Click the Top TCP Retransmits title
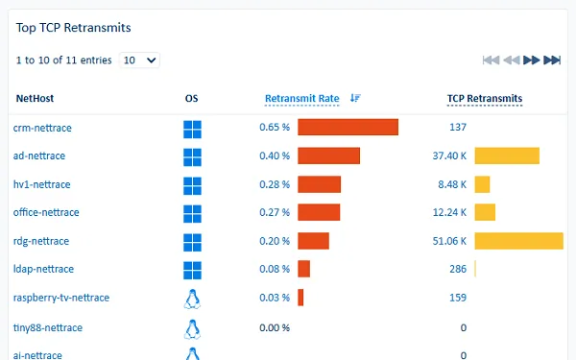tap(74, 28)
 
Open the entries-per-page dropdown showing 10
tap(140, 60)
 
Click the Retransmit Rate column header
tap(301, 98)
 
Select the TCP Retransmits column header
tap(485, 98)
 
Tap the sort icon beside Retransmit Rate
tap(355, 98)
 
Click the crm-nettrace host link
tap(42, 128)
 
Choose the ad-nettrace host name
tap(39, 156)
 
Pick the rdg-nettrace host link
tap(41, 241)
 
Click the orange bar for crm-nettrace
tap(348, 128)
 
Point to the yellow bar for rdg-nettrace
tap(518, 241)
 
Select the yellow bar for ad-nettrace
tap(507, 156)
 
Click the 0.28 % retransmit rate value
tap(275, 184)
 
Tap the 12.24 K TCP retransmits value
tap(449, 212)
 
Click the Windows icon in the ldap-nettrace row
tap(192, 270)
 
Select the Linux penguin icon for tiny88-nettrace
tap(192, 328)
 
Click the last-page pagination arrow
tap(552, 60)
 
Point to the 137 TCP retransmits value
tap(457, 128)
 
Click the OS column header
tap(192, 98)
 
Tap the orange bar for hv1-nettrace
tap(319, 184)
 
